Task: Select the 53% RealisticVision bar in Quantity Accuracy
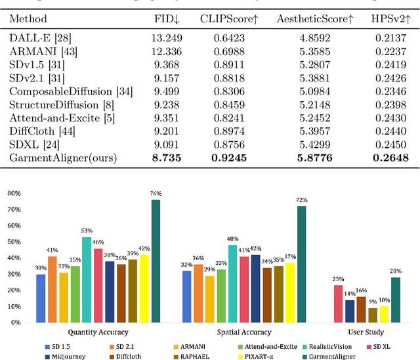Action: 87,279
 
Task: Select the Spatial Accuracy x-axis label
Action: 242,332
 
